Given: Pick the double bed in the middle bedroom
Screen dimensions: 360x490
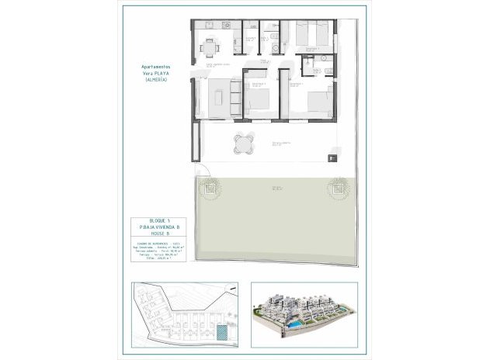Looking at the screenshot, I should [x=259, y=98].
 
